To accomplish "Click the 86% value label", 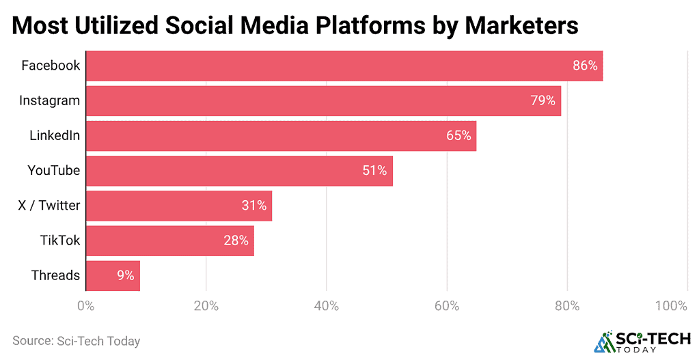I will [585, 66].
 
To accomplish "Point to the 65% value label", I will [458, 136].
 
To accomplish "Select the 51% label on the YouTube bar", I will [375, 171].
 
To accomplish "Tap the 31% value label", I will [254, 206].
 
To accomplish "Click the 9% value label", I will [125, 276].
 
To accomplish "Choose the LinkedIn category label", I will [55, 136].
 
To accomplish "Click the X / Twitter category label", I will [49, 206].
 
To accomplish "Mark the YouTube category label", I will [53, 171].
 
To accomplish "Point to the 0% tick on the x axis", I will [85, 306].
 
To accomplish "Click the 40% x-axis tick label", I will [327, 306].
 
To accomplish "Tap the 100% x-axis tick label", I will [671, 306].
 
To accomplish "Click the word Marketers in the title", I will [521, 25].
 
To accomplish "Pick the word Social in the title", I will [206, 25].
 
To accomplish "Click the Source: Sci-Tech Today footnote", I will [76, 340].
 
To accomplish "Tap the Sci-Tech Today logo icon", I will [605, 342].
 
